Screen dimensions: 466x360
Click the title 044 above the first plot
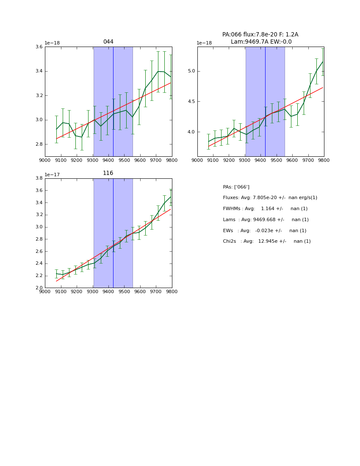point(108,42)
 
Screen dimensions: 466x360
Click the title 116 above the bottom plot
point(108,173)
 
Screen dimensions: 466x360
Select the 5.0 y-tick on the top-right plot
point(191,71)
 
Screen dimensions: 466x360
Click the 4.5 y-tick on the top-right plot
point(191,102)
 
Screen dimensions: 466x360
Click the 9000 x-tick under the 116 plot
point(45,292)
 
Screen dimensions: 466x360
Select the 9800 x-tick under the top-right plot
point(324,161)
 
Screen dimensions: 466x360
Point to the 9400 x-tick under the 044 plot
point(108,161)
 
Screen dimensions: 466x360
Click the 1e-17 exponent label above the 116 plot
point(52,175)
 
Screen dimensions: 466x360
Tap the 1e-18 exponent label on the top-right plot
point(204,43)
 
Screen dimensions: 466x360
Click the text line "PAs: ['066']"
point(236,187)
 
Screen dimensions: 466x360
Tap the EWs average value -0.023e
point(268,231)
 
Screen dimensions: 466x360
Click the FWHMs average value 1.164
point(268,209)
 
